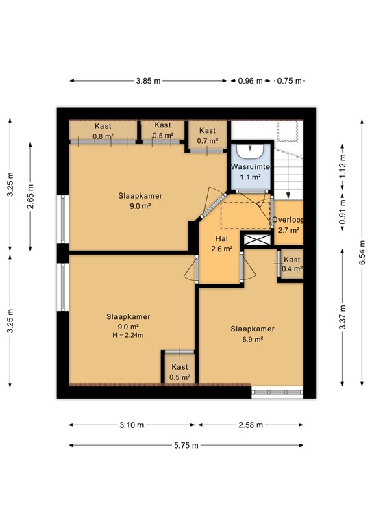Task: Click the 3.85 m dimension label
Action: [148, 81]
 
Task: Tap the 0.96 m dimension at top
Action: [249, 81]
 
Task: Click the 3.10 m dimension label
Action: [131, 425]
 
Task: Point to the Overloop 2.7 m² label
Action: [288, 225]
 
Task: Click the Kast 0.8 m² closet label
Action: [103, 130]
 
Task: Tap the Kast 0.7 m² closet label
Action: [208, 136]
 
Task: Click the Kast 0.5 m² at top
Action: [162, 130]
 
